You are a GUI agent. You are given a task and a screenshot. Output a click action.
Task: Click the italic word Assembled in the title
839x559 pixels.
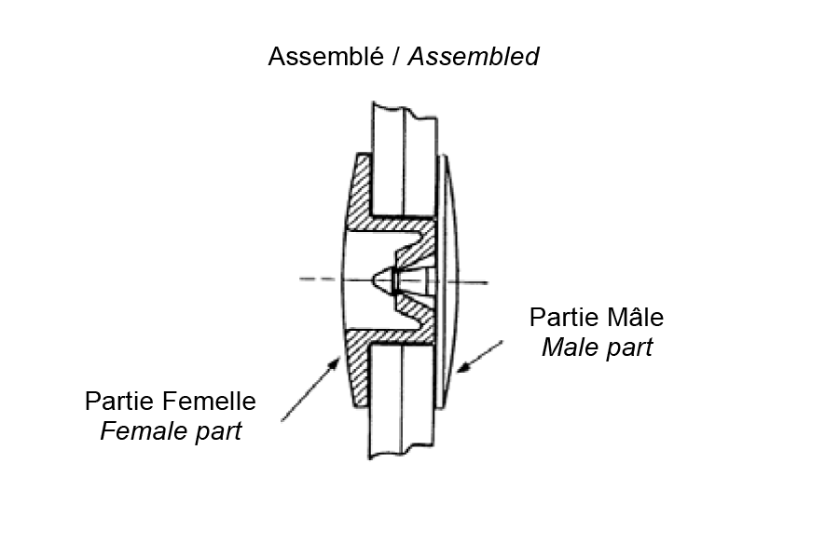click(474, 56)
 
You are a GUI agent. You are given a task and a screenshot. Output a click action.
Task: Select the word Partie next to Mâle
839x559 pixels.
click(561, 317)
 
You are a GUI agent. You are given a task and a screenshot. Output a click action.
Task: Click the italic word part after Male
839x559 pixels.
click(626, 348)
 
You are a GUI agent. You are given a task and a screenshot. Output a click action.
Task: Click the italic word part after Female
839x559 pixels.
click(214, 432)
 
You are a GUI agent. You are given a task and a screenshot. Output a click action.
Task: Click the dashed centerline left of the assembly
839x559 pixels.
click(317, 278)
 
